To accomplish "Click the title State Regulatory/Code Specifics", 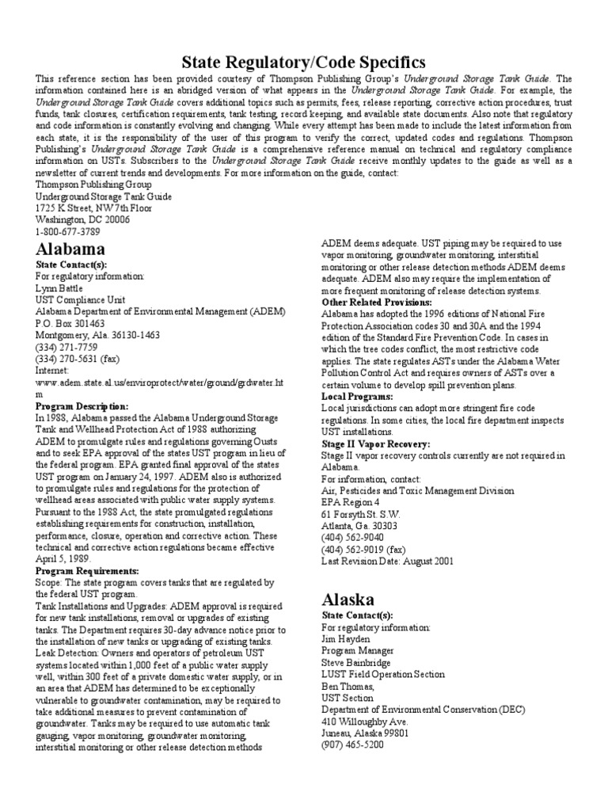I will (x=304, y=62).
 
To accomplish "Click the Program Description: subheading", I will (x=82, y=406).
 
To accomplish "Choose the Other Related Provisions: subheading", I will (x=376, y=303).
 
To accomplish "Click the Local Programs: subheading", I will (x=357, y=395).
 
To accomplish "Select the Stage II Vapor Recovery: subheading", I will (x=376, y=444).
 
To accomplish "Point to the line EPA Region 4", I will (x=351, y=501).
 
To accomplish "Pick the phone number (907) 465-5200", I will (x=353, y=744).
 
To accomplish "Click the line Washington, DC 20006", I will (x=83, y=219).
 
